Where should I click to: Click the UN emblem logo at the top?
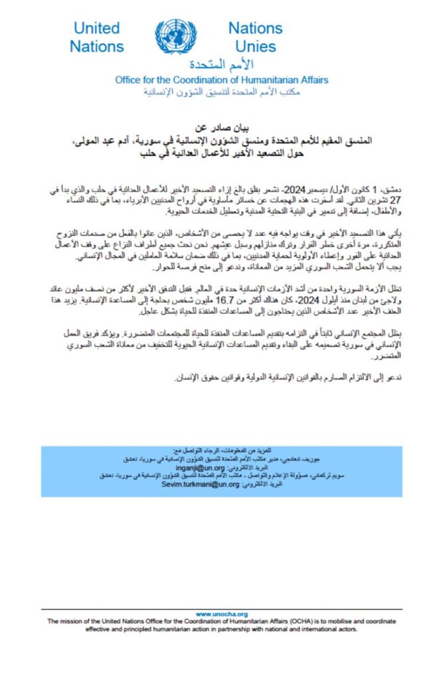pyautogui.click(x=176, y=37)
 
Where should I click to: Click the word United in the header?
pyautogui.click(x=97, y=29)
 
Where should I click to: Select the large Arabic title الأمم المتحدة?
pyautogui.click(x=222, y=65)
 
